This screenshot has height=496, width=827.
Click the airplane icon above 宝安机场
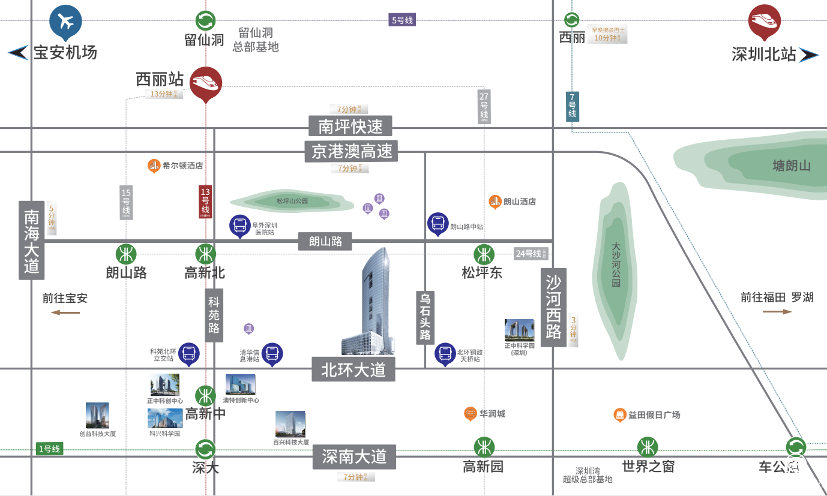point(65,21)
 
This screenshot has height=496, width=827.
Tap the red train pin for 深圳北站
point(765,20)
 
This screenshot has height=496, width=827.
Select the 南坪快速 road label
point(350,126)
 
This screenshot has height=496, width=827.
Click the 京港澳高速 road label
point(351,151)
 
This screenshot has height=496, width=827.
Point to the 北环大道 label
point(353,369)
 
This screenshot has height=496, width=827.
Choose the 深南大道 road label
point(354,457)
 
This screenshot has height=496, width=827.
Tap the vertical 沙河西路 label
point(553,307)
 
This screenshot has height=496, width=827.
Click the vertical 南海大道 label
point(31,240)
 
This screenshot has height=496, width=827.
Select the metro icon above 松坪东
point(484,254)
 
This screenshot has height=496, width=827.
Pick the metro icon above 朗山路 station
point(126,254)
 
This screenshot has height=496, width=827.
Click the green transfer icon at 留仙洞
point(205,20)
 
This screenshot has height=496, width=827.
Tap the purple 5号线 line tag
point(402,20)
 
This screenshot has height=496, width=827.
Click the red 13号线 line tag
point(205,202)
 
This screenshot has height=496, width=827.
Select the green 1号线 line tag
point(49,449)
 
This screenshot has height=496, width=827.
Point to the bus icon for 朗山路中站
point(438,224)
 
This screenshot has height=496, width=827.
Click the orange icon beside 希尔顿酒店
point(154,166)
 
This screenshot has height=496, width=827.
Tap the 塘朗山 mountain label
point(791,166)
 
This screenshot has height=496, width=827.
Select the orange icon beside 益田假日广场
point(619,415)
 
